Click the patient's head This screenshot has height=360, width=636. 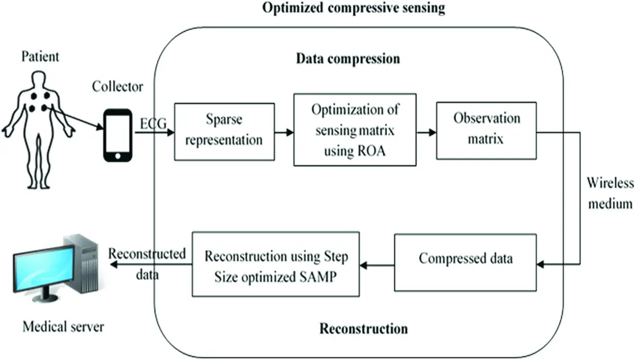point(39,79)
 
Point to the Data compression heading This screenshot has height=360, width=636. point(348,59)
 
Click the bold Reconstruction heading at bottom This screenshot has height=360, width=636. point(363,328)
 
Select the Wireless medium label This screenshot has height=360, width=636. point(609,193)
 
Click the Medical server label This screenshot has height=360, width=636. point(63,326)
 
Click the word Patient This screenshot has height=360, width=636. point(40,56)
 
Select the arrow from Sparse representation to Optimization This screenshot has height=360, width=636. point(283,133)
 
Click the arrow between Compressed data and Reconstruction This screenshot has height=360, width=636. point(377,264)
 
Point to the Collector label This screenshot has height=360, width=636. point(117,86)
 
